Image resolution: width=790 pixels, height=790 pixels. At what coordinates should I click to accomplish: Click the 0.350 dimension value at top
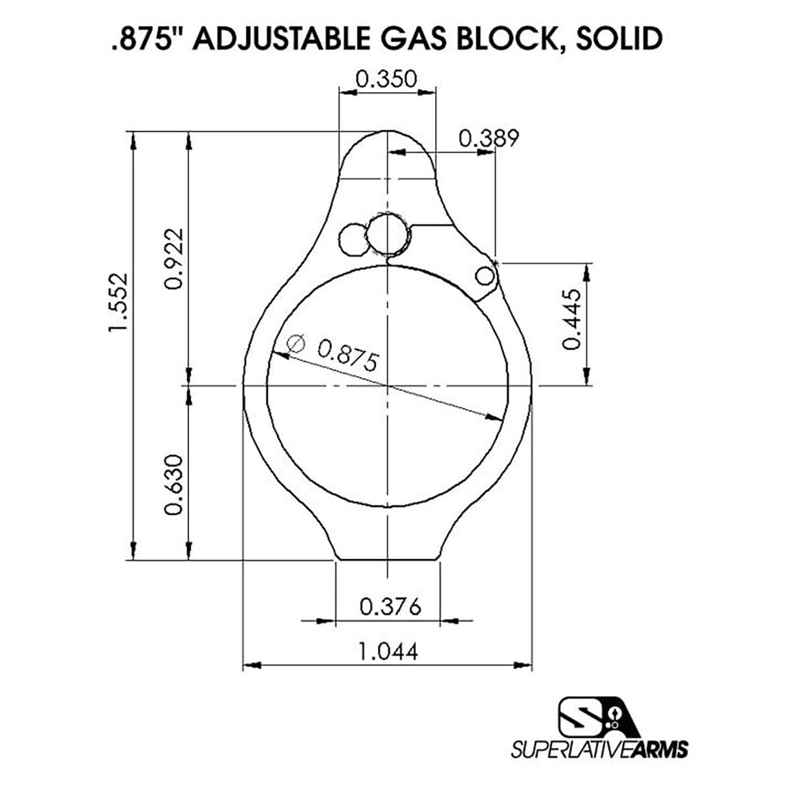[x=386, y=79]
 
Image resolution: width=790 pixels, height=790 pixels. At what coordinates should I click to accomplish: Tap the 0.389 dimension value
[x=488, y=138]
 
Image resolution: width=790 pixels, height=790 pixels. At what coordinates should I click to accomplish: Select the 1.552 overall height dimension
[x=118, y=303]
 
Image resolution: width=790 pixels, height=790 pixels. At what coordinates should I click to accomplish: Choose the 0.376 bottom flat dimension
[x=390, y=607]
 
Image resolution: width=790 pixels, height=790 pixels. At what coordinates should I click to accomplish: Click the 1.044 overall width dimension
[x=388, y=652]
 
